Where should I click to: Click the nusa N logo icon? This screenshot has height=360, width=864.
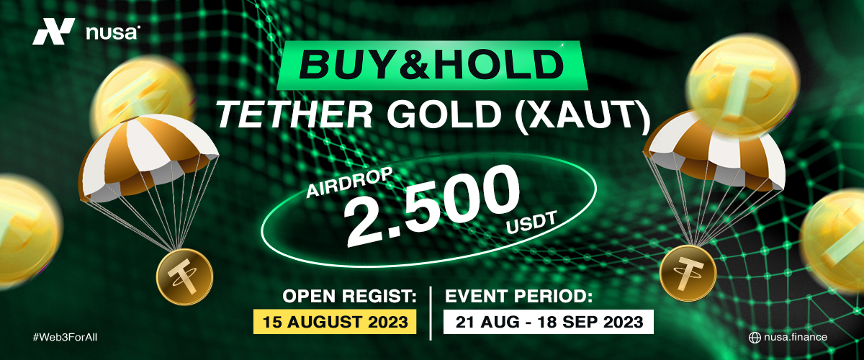pyautogui.click(x=53, y=31)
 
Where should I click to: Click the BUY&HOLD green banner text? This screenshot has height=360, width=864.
pyautogui.click(x=431, y=65)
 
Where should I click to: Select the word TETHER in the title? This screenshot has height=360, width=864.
pyautogui.click(x=294, y=114)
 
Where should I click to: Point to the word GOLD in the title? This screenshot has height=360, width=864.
pyautogui.click(x=445, y=114)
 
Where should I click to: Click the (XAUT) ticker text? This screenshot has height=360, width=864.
pyautogui.click(x=582, y=116)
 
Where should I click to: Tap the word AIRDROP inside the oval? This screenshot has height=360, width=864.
pyautogui.click(x=349, y=182)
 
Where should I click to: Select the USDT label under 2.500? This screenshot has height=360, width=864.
pyautogui.click(x=531, y=222)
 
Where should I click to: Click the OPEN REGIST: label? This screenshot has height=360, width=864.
pyautogui.click(x=349, y=297)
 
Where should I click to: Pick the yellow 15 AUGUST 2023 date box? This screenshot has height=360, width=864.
pyautogui.click(x=335, y=321)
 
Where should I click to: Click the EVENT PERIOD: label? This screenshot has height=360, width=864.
pyautogui.click(x=518, y=297)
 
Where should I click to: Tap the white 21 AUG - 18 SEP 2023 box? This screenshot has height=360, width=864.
pyautogui.click(x=549, y=321)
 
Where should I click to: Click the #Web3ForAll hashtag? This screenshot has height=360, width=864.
pyautogui.click(x=65, y=338)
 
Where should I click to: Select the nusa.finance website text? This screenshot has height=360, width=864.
pyautogui.click(x=796, y=337)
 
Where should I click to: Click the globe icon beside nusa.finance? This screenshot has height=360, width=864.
pyautogui.click(x=755, y=338)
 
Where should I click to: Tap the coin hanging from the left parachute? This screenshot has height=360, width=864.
pyautogui.click(x=185, y=276)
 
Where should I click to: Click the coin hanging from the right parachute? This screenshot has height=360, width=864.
pyautogui.click(x=688, y=274)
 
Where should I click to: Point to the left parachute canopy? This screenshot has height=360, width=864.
pyautogui.click(x=148, y=154)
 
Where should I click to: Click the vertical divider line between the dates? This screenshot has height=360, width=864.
pyautogui.click(x=431, y=313)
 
